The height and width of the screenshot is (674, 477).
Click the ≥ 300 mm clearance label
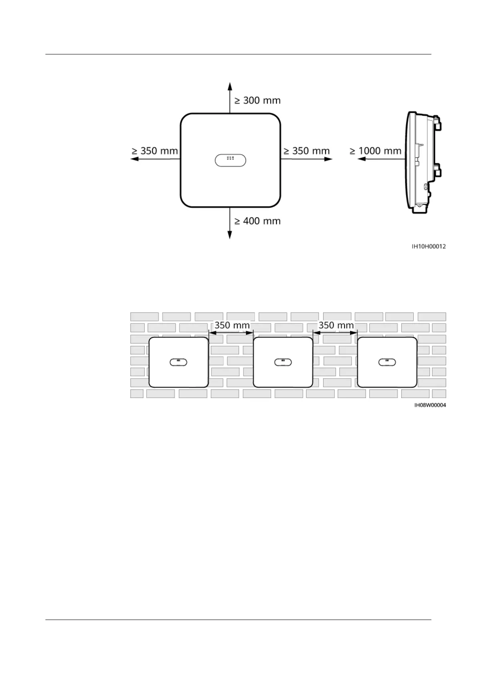[x=257, y=100]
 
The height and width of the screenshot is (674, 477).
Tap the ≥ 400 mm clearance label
[x=257, y=221]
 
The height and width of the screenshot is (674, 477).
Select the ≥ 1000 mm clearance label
[x=375, y=151]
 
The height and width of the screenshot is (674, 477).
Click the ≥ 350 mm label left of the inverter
[x=155, y=151]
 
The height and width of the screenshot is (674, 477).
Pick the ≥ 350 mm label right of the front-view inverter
[x=306, y=151]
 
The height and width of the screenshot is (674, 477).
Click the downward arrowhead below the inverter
[x=230, y=235]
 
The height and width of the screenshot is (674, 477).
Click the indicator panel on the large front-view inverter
[x=230, y=160]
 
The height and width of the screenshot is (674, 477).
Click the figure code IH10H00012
[x=429, y=247]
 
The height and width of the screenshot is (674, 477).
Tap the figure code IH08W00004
[x=430, y=405]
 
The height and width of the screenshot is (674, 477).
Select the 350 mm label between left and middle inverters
[x=232, y=325]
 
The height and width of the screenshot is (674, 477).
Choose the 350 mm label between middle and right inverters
[x=336, y=325]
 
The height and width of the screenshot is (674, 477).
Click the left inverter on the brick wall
[x=179, y=362]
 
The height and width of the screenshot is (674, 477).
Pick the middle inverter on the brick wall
[x=283, y=362]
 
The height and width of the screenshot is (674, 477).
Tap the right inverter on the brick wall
[x=387, y=362]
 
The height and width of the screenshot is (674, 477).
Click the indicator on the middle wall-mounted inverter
[x=283, y=362]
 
